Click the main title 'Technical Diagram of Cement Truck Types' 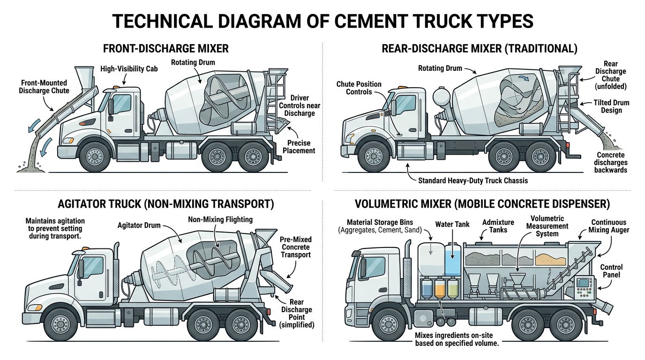tap(322, 22)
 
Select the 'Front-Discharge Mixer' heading tap(165, 48)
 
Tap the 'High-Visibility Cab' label tap(129, 69)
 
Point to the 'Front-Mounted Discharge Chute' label tap(44, 86)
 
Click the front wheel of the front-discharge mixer tap(96, 156)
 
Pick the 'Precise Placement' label tap(299, 147)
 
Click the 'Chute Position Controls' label tap(359, 88)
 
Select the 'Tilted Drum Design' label tap(611, 106)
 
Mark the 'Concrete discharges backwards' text tap(610, 162)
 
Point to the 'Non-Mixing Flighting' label tap(220, 219)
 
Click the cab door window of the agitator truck tap(94, 265)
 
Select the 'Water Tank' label tap(452, 225)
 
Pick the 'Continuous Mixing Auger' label tap(610, 226)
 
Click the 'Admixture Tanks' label tap(498, 225)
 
